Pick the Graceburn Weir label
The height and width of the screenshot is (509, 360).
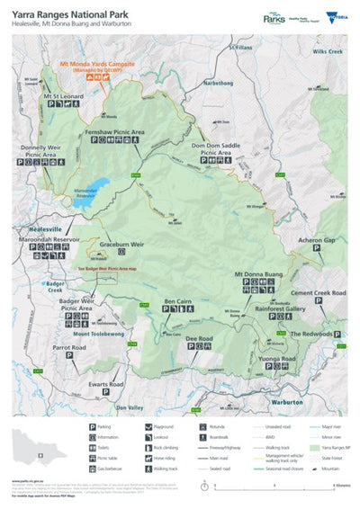[x=121, y=244]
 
